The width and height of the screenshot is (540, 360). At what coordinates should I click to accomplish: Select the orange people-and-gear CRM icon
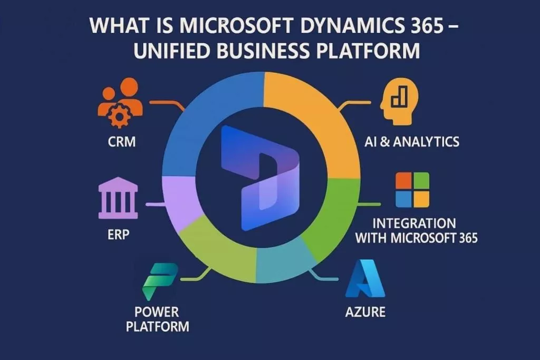120,103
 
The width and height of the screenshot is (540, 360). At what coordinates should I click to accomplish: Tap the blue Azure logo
365,279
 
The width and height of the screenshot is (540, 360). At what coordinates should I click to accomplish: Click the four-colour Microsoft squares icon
412,190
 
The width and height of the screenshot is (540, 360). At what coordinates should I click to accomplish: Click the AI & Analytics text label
412,141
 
